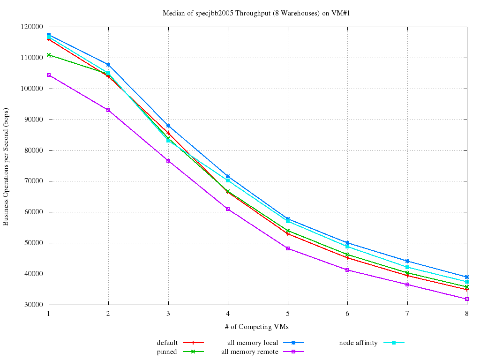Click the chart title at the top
(x=256, y=13)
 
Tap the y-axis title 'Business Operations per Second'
(x=6, y=165)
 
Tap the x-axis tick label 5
(x=287, y=313)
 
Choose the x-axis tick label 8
(x=466, y=313)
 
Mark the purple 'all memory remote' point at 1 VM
(x=49, y=75)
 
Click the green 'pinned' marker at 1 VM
(x=49, y=55)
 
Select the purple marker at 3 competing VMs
(x=168, y=161)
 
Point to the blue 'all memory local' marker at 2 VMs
(x=108, y=65)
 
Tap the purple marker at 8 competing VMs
(x=466, y=299)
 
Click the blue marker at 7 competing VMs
(x=407, y=261)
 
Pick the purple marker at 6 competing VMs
(x=347, y=270)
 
